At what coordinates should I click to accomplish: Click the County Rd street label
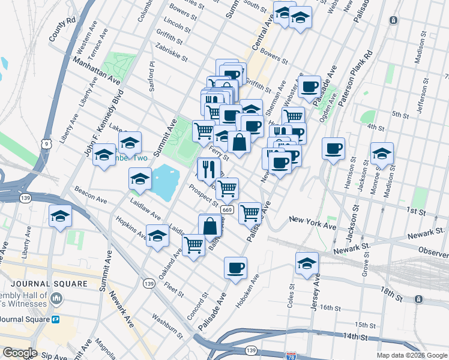(62, 28)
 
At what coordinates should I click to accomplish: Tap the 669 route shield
(227, 209)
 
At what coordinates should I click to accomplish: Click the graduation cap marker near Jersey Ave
(307, 263)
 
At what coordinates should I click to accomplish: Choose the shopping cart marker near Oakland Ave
(194, 244)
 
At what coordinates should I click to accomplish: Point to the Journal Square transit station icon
(55, 319)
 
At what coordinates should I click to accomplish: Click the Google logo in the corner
(20, 352)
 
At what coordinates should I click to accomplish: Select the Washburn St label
(167, 323)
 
